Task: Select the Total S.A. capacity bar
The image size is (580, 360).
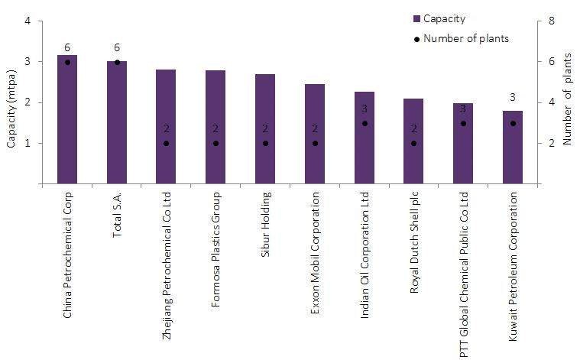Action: point(117,122)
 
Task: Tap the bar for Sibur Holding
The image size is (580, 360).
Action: point(265,129)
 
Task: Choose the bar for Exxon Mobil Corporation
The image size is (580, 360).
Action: point(315,134)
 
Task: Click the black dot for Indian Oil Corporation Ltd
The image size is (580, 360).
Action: point(365,123)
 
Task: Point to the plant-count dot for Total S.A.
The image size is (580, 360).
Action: point(117,62)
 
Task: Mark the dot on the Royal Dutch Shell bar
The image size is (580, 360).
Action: point(413,143)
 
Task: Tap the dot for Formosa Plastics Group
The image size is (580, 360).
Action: point(215,143)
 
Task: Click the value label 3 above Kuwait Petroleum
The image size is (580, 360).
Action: point(513,97)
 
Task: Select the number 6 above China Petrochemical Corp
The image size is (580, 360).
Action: point(67,47)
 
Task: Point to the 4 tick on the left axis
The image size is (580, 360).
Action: point(28,21)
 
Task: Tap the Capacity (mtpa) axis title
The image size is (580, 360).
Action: point(11,102)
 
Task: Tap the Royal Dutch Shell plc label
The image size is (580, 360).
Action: point(413,246)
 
